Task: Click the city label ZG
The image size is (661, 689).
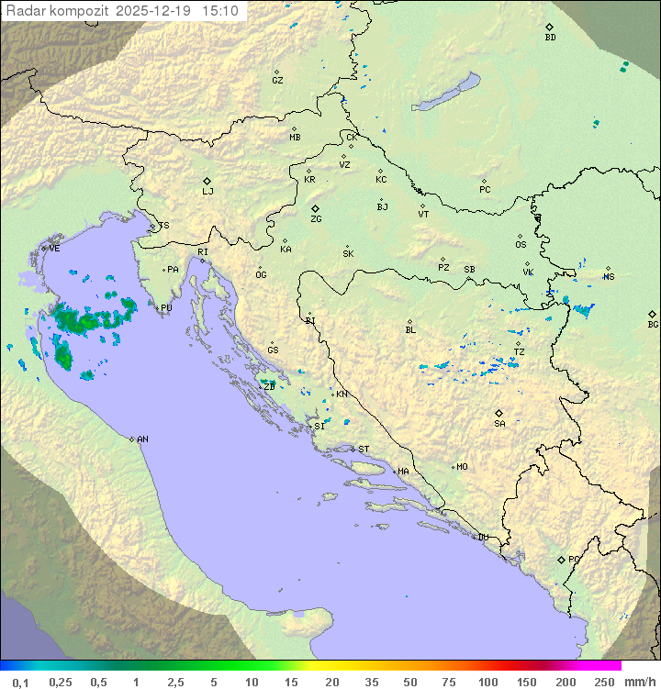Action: coord(316,219)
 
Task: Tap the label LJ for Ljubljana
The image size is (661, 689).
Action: coord(207,192)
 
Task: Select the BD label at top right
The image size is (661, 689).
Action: coord(550,38)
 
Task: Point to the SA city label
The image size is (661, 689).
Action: coord(499,424)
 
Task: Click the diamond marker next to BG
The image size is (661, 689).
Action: coord(652,314)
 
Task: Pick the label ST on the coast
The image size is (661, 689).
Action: coord(364,450)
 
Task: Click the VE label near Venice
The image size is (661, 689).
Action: coord(54,249)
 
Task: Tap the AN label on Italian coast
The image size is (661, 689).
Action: coord(142,439)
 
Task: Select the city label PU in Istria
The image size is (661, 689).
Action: coord(166,308)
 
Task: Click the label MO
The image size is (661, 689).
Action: coord(462,467)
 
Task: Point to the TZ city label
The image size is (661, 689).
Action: coord(520,351)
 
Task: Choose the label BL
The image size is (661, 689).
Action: coord(410,330)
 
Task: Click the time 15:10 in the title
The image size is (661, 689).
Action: coord(220,11)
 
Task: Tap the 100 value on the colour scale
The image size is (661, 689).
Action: coord(487,682)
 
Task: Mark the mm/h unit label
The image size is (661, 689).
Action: coord(636,682)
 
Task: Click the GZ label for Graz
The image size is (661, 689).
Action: coord(277,80)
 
